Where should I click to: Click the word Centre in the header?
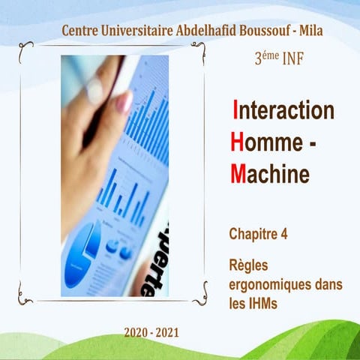pos(82,31)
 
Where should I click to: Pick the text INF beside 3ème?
pos(292,59)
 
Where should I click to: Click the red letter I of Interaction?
pos(236,109)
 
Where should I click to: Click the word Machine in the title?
pos(269,174)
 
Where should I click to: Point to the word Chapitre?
pos(253,234)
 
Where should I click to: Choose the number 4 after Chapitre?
pos(284,234)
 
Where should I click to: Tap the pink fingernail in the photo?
pos(123,102)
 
